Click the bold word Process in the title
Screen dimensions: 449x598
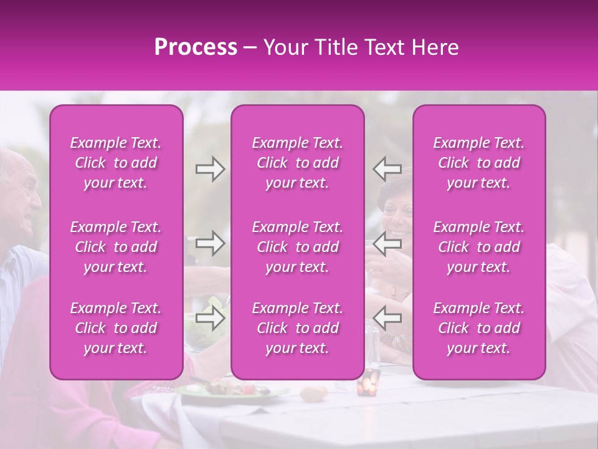(196, 47)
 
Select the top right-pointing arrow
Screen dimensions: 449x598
(210, 169)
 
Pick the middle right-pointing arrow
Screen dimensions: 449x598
(210, 244)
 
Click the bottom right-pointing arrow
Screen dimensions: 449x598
(210, 318)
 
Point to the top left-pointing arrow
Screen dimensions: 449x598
(387, 169)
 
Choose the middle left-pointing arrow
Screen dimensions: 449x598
(387, 244)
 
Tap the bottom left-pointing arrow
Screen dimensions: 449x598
(387, 318)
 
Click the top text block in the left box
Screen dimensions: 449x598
(116, 163)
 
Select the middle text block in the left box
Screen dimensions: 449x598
(116, 247)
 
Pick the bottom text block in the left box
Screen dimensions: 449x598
(116, 328)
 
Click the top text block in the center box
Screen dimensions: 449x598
(298, 163)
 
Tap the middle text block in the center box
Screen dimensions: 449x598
(298, 247)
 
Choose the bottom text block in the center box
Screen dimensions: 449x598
(298, 328)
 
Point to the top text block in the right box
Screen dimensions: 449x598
(479, 163)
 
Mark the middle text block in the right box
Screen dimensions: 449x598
(479, 247)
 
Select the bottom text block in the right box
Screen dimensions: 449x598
(479, 328)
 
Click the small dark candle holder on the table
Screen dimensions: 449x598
(368, 382)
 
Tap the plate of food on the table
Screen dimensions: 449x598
(230, 390)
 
